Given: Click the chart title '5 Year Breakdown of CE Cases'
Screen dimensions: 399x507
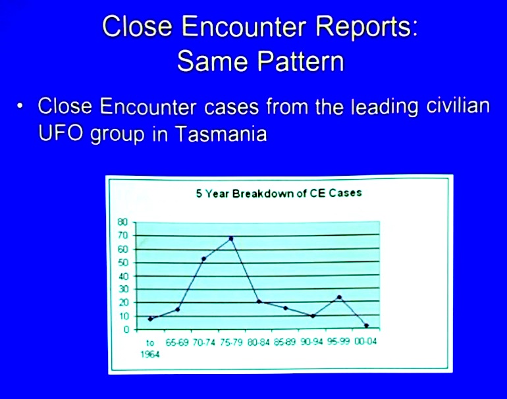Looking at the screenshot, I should click(279, 193).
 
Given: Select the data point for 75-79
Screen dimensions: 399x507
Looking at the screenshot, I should click(231, 238).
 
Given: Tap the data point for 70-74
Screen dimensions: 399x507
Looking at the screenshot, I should click(204, 258).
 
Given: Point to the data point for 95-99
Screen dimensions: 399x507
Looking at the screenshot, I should click(339, 297).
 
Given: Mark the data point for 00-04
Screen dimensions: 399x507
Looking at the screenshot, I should click(366, 325).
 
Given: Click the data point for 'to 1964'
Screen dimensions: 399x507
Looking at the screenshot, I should click(150, 319).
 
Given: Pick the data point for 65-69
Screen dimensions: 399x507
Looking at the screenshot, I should click(177, 309).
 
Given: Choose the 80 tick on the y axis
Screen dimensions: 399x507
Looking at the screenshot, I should click(122, 222).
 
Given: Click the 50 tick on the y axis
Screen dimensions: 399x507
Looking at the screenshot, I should click(122, 262).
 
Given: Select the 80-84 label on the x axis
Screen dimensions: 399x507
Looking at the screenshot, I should click(258, 343).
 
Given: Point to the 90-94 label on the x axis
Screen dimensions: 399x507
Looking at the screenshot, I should click(311, 343).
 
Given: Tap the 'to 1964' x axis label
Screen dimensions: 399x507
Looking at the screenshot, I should click(150, 348).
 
